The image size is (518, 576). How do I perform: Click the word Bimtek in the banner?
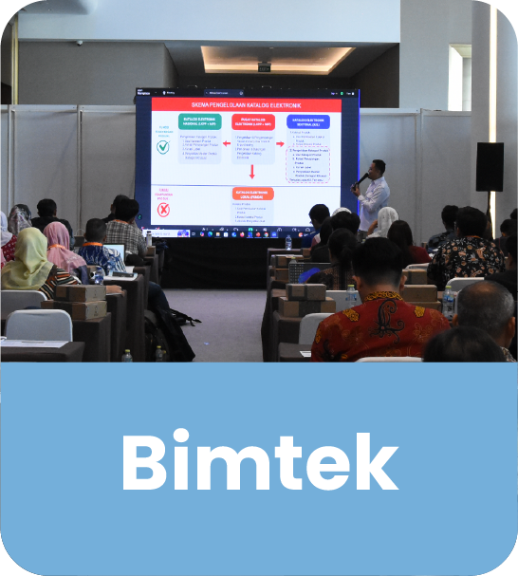259,464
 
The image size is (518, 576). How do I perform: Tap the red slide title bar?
246,103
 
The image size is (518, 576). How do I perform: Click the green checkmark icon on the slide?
164,146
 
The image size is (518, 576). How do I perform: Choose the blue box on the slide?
306,121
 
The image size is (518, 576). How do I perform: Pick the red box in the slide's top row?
252,121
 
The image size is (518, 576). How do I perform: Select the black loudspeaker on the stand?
490,167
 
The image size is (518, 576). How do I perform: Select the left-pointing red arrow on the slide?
227,144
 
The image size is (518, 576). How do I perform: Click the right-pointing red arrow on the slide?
280,144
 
